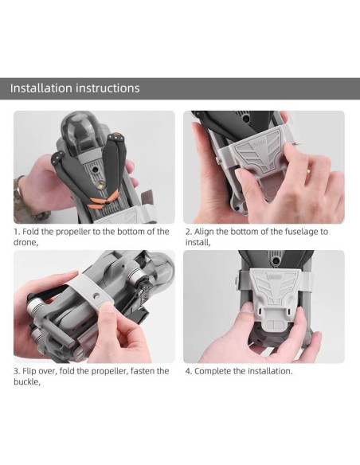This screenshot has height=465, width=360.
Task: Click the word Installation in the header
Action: click(x=41, y=88)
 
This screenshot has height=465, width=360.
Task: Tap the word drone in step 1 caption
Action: click(x=25, y=242)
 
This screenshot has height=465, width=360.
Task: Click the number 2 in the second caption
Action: click(x=188, y=232)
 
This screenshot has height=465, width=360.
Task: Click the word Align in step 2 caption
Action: click(x=207, y=232)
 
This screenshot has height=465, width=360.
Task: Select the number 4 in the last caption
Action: click(x=188, y=371)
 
